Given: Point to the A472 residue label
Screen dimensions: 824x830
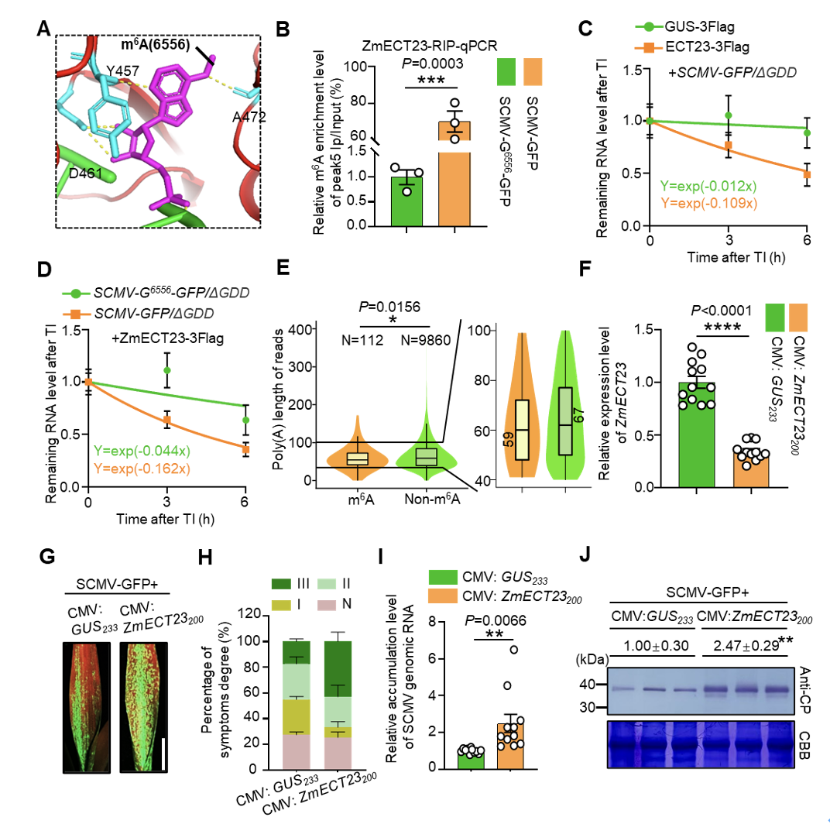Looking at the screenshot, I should (247, 117).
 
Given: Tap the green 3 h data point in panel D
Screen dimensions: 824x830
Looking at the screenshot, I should (166, 370).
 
